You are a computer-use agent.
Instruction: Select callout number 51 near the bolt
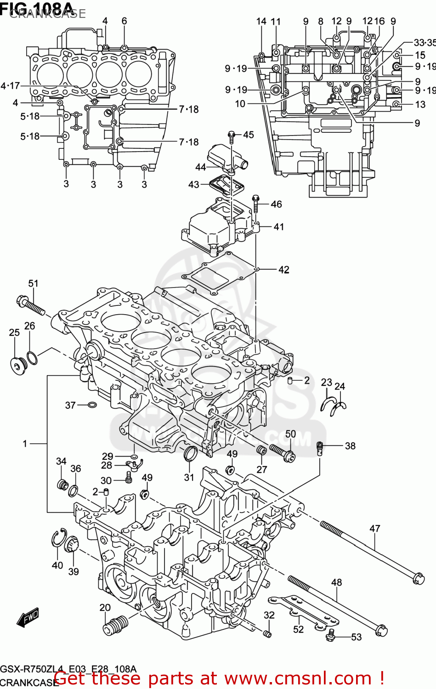pos(33,283)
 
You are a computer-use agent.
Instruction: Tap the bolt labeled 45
pos(232,136)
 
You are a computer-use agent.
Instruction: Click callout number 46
pos(276,204)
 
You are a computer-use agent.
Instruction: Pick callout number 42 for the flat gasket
pos(284,270)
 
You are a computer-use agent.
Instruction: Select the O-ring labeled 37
pos(92,405)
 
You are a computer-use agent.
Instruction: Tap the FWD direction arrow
pos(28,618)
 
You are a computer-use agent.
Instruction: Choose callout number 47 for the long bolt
pos(375,529)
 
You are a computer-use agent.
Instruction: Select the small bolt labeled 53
pos(330,635)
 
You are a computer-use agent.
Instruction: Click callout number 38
pos(350,446)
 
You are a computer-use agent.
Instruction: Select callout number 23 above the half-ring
pos(326,383)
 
